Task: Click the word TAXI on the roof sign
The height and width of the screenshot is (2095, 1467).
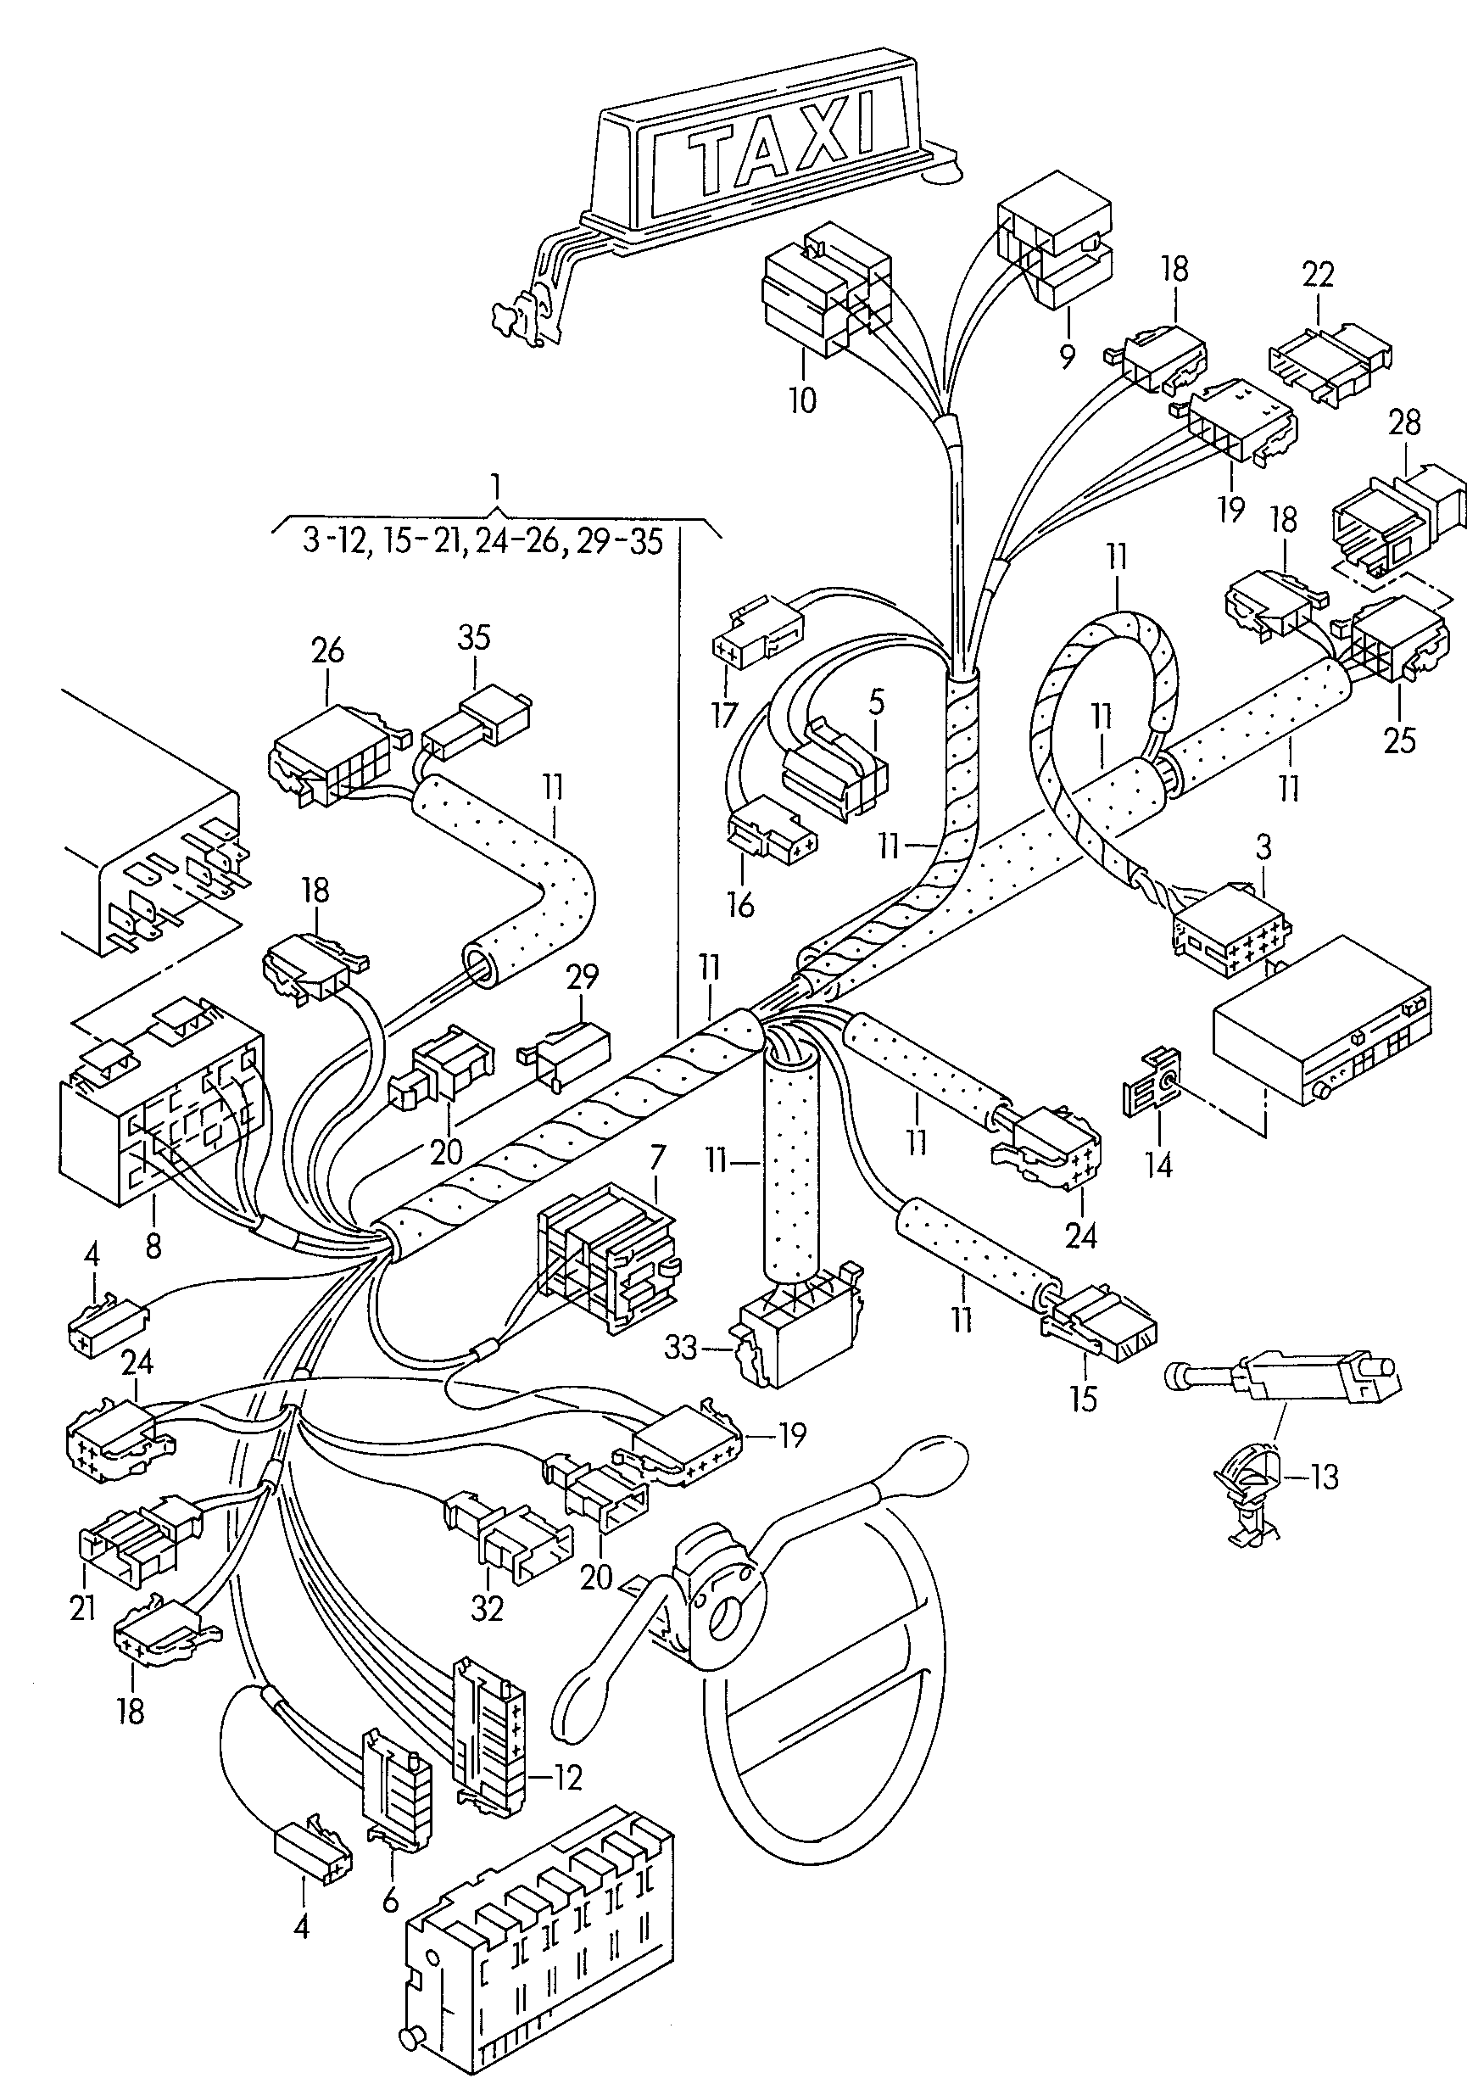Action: click(x=781, y=146)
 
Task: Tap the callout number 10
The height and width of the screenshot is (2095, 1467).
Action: click(x=802, y=399)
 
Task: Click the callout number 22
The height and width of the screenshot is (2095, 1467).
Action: click(x=1318, y=275)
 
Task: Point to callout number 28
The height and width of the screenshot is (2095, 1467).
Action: click(x=1405, y=422)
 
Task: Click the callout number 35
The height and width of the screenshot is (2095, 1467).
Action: click(x=473, y=636)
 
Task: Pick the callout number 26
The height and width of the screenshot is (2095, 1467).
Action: click(x=327, y=651)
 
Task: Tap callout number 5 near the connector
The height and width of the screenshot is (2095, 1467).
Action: click(x=876, y=702)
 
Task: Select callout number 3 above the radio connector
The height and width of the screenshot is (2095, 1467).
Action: click(x=1263, y=846)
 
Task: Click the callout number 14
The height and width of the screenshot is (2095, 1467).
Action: click(x=1158, y=1165)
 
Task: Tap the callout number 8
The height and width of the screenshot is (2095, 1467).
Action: click(x=153, y=1245)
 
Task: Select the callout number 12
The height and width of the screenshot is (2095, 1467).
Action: click(x=567, y=1778)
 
